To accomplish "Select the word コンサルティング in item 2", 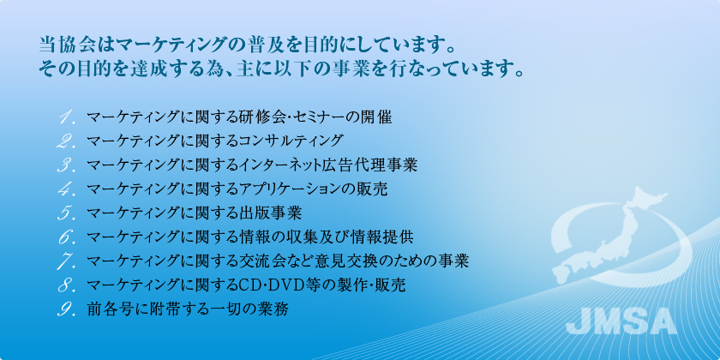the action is [x=291, y=141].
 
